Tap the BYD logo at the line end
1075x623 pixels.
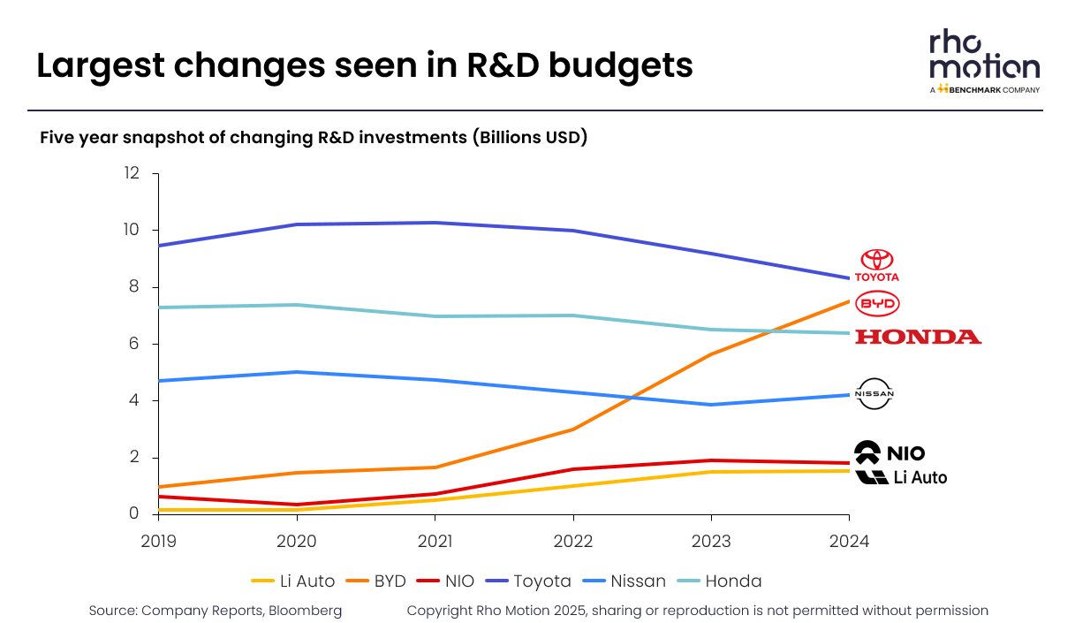coord(878,304)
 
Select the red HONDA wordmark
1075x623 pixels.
coord(919,337)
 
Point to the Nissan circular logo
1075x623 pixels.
coord(876,394)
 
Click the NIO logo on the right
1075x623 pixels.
coord(890,452)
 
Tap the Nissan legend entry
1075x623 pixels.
coord(625,581)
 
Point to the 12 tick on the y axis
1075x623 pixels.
coord(132,173)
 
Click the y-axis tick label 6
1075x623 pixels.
coord(134,344)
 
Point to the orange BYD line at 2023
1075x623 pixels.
coord(711,354)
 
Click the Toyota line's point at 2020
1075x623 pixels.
coord(297,224)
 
